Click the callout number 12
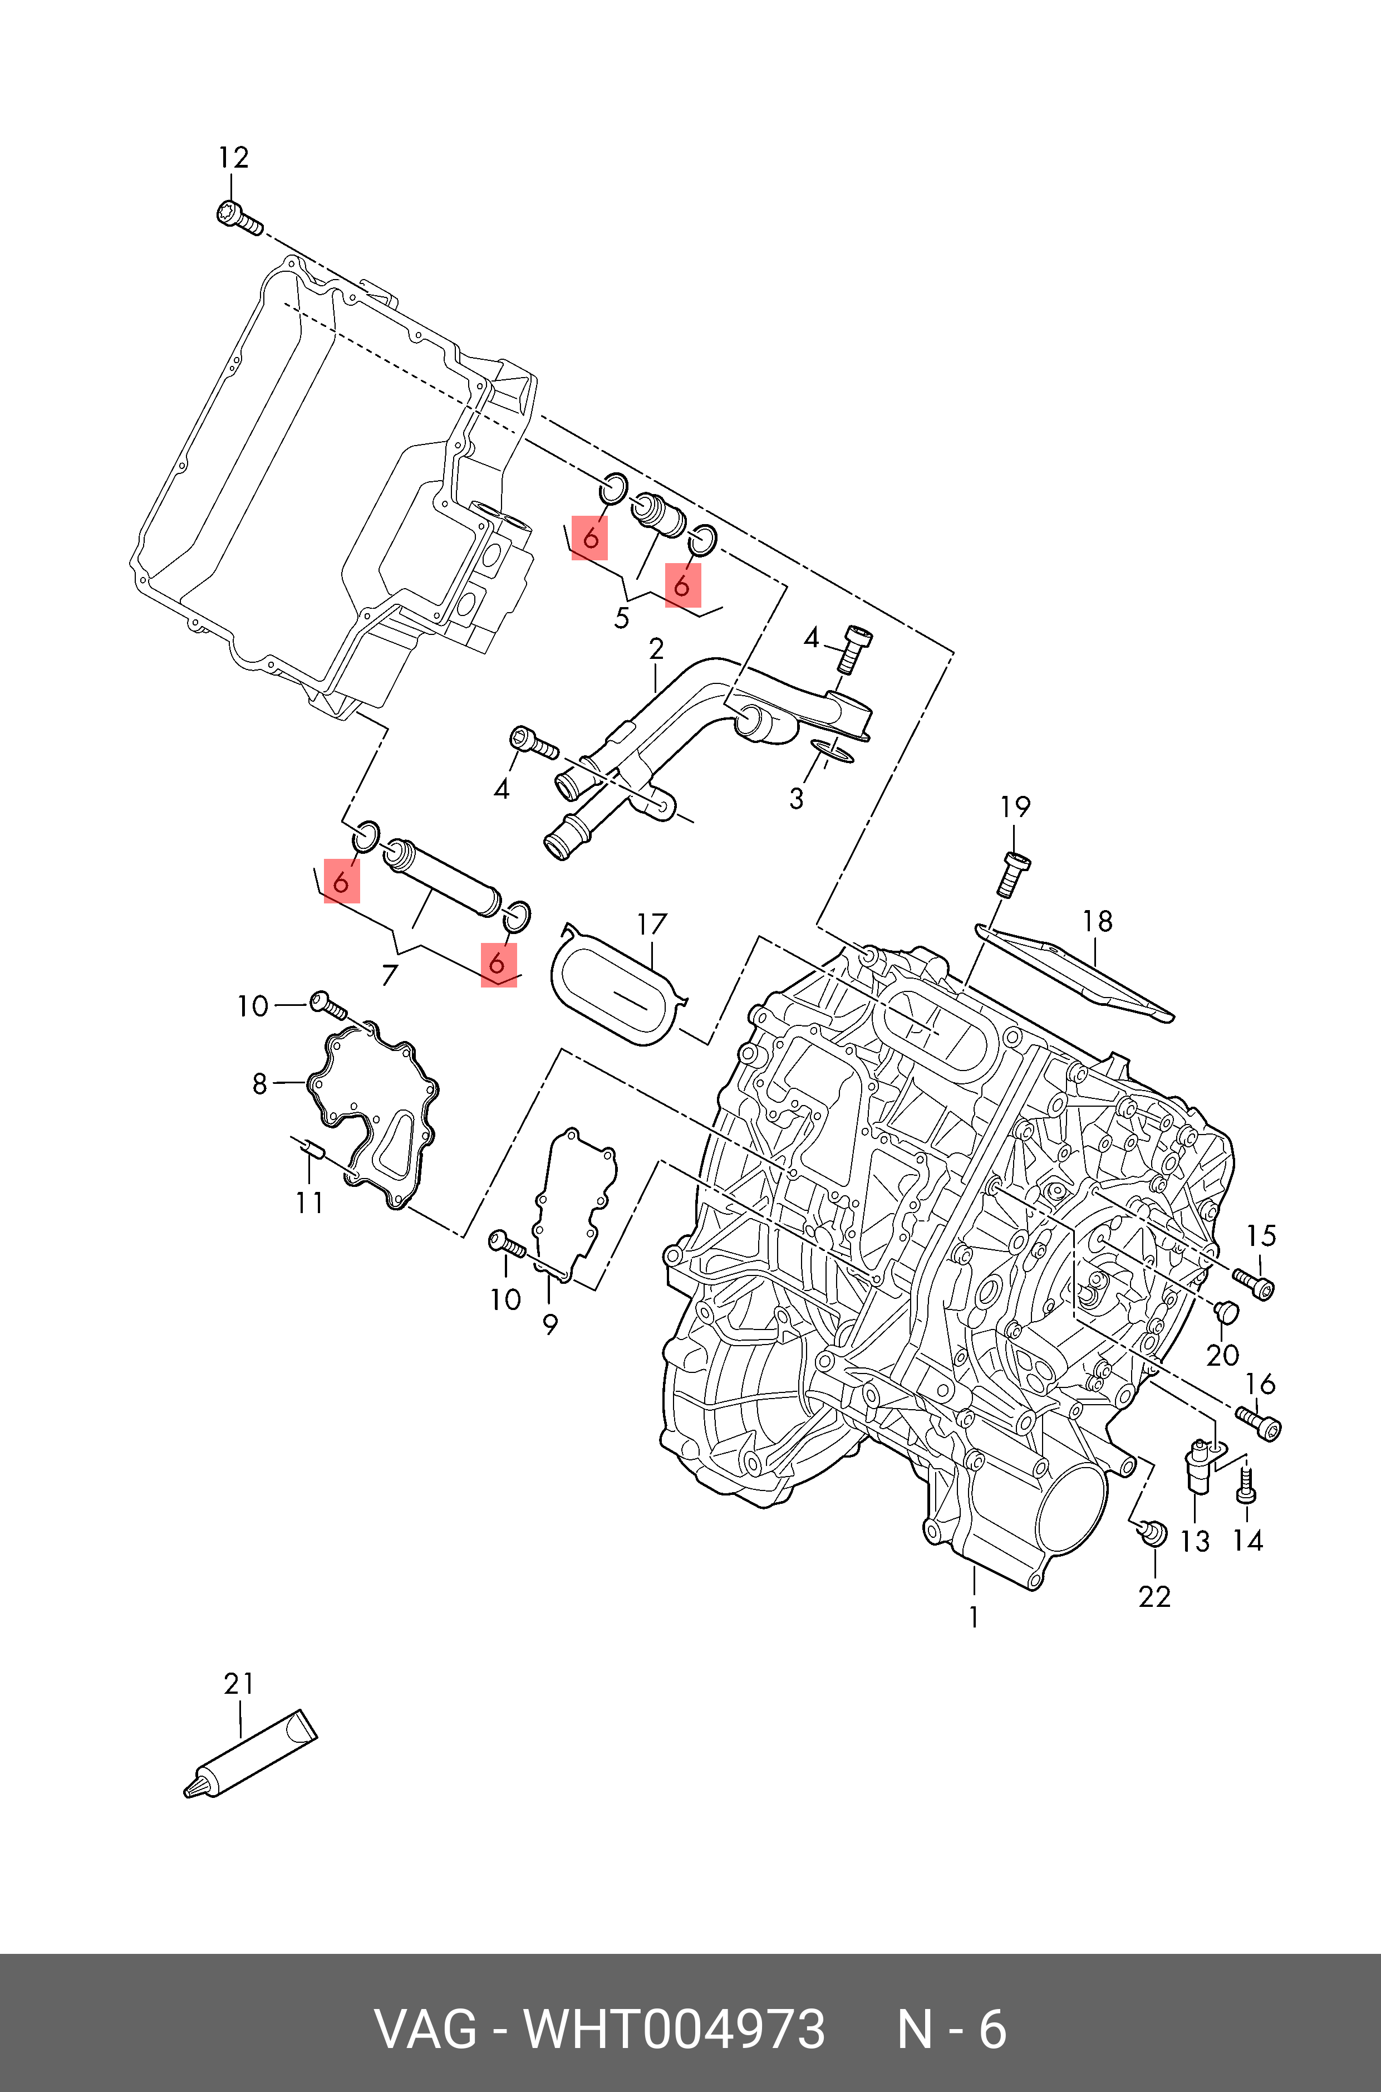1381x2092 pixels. click(x=233, y=158)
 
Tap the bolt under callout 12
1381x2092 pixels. click(x=239, y=218)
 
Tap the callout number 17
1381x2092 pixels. click(x=652, y=925)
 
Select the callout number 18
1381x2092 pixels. click(x=1098, y=921)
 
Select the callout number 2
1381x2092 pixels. click(x=656, y=649)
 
